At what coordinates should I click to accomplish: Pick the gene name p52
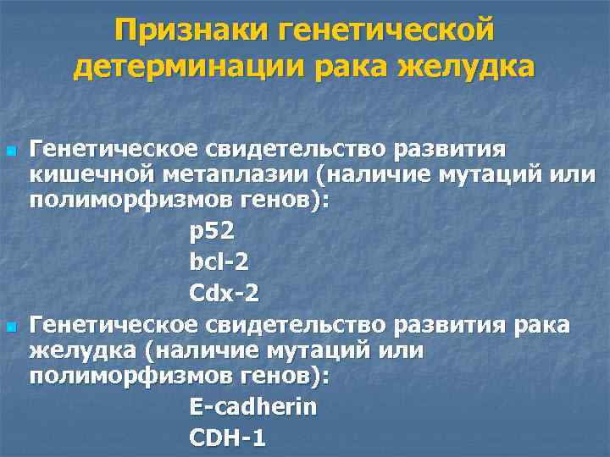click(212, 228)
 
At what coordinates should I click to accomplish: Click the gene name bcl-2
click(219, 262)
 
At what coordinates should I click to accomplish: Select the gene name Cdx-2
click(225, 294)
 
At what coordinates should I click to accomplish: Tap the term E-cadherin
click(253, 407)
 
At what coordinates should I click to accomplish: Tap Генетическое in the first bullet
click(114, 150)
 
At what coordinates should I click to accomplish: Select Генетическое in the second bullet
click(114, 326)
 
